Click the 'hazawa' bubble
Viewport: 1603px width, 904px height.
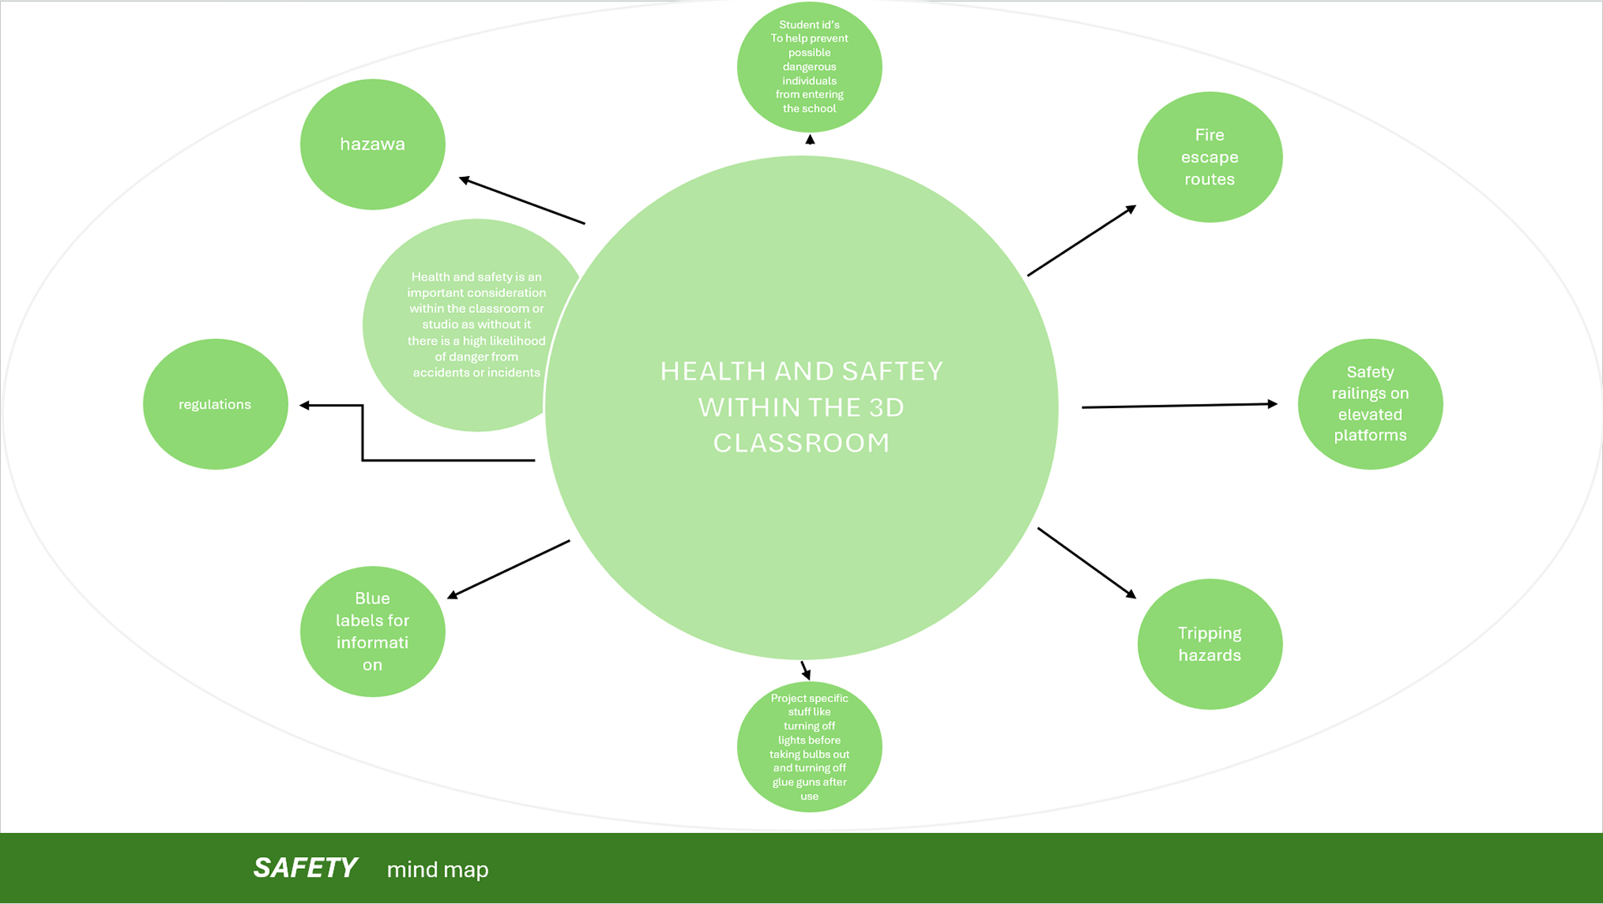[372, 144]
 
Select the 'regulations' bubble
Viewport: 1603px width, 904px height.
[215, 405]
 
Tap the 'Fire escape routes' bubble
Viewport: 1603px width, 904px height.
[1210, 157]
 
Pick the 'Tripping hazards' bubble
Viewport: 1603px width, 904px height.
[1210, 644]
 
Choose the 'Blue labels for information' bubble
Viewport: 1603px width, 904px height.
[372, 632]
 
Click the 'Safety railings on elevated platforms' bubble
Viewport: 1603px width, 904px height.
[1370, 404]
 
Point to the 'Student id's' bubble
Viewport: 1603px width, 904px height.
[809, 67]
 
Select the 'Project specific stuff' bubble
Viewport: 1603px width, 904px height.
[809, 747]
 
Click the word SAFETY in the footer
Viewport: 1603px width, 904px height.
[306, 868]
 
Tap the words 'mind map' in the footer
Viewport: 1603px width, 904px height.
[437, 870]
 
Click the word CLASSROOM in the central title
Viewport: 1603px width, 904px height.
[801, 443]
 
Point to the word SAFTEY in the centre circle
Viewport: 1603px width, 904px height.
[893, 371]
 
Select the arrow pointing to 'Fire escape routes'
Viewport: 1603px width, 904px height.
[1081, 240]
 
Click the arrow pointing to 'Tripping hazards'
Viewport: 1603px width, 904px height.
[1086, 563]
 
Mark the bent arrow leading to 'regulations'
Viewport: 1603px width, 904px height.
[363, 442]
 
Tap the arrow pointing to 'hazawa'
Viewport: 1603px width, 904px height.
[522, 200]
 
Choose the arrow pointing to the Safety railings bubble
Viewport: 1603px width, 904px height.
[1179, 406]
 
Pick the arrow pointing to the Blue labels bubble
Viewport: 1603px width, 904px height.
[508, 569]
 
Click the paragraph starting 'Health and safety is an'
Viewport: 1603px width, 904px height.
[477, 325]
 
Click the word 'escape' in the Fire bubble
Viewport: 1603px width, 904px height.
[1210, 157]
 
